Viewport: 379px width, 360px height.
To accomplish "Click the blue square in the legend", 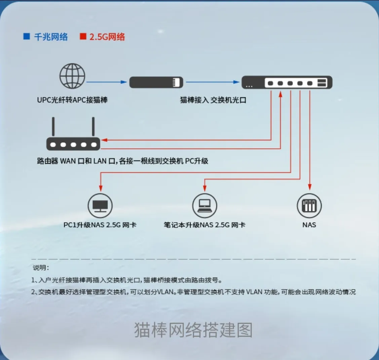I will pos(27,36).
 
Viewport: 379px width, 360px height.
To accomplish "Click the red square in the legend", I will pos(83,36).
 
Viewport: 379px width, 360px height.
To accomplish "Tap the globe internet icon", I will pos(72,76).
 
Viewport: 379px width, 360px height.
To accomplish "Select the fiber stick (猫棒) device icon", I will pos(156,82).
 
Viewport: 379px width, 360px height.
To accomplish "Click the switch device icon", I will pos(287,82).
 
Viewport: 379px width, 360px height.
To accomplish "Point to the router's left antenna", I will pos(53,127).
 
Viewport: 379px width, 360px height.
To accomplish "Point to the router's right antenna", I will pos(93,127).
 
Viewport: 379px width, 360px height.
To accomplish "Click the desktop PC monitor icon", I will pos(100,206).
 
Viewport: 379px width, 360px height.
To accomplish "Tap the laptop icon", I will pos(204,206).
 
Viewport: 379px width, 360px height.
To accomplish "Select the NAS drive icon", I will pos(309,206).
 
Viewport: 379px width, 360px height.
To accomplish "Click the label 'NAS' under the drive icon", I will pos(309,225).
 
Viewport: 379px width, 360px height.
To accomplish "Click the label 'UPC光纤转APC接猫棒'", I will pos(72,100).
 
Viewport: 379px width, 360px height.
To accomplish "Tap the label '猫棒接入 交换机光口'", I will pos(213,100).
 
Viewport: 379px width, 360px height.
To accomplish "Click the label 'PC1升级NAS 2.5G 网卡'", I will pos(100,225).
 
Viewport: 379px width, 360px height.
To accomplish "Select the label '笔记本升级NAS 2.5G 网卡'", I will pos(204,225).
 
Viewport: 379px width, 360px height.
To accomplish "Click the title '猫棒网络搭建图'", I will pos(193,330).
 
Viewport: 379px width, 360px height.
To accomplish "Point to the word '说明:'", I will pos(41,268).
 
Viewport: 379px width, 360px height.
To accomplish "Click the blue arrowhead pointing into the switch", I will pos(237,82).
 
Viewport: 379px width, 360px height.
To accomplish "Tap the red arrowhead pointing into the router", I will pos(104,140).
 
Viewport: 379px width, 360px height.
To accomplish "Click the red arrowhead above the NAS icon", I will pos(310,187).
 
